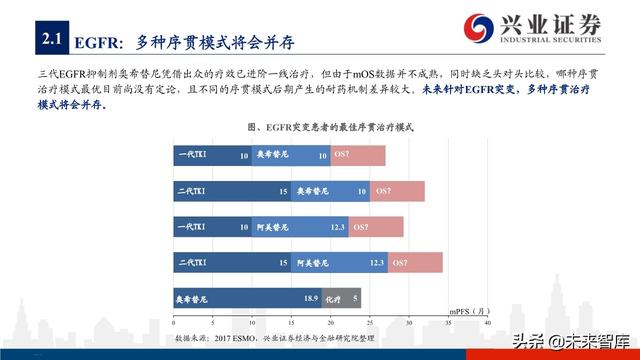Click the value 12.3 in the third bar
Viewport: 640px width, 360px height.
click(x=337, y=227)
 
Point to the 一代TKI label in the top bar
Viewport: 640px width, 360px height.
click(x=192, y=156)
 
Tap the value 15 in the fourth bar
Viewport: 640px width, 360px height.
click(x=283, y=263)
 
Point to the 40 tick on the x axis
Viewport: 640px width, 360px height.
click(x=487, y=323)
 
